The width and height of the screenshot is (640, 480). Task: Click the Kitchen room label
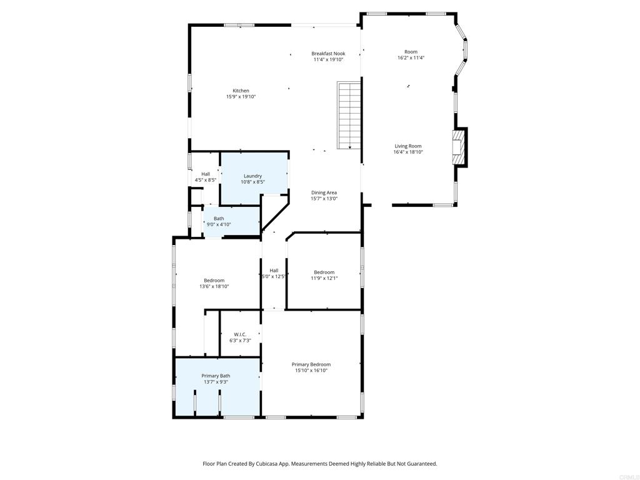pyautogui.click(x=241, y=91)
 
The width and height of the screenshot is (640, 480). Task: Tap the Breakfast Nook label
pyautogui.click(x=328, y=54)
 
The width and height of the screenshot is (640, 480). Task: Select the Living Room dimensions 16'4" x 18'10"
pyautogui.click(x=408, y=152)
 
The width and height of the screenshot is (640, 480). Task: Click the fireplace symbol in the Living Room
pyautogui.click(x=459, y=147)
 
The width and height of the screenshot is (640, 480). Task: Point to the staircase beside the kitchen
pyautogui.click(x=349, y=116)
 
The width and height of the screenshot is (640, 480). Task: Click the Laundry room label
pyautogui.click(x=252, y=176)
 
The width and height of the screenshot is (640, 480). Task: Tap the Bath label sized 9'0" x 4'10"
pyautogui.click(x=219, y=219)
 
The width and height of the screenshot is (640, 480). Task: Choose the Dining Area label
pyautogui.click(x=324, y=192)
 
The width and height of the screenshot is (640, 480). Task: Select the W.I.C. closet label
pyautogui.click(x=240, y=334)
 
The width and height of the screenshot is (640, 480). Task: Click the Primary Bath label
pyautogui.click(x=216, y=376)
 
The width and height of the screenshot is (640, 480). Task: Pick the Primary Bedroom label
pyautogui.click(x=311, y=364)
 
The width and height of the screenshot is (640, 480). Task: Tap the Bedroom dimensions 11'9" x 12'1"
pyautogui.click(x=324, y=278)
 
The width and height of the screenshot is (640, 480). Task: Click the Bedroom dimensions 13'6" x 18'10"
pyautogui.click(x=214, y=286)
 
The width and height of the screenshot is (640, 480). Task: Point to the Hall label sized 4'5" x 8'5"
pyautogui.click(x=205, y=174)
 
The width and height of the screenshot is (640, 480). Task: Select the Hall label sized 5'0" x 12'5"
pyautogui.click(x=274, y=271)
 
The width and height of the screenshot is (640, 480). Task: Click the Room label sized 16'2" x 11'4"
pyautogui.click(x=411, y=52)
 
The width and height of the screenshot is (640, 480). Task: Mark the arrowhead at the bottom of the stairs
pyautogui.click(x=350, y=147)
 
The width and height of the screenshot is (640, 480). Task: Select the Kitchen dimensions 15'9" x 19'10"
pyautogui.click(x=241, y=97)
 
